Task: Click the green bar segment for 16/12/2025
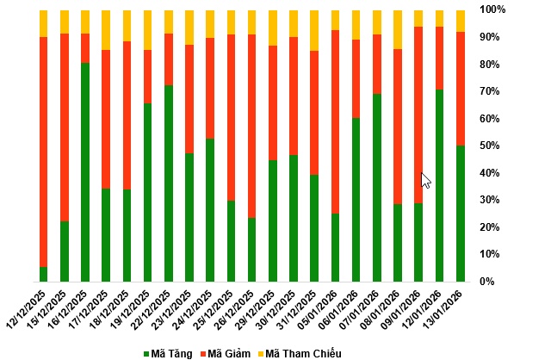[x=85, y=172]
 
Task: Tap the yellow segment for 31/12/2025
[x=314, y=30]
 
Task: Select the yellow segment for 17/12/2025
[x=106, y=29]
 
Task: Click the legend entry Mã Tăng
[x=168, y=353]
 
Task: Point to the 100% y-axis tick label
[x=492, y=9]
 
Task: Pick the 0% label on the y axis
[x=487, y=282]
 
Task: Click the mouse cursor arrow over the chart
[x=424, y=179]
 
